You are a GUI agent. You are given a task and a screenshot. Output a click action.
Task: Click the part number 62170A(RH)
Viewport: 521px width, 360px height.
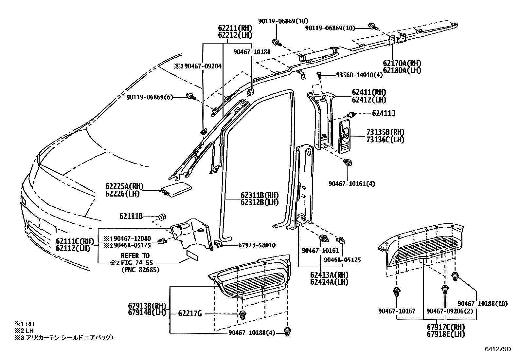coord(402,63)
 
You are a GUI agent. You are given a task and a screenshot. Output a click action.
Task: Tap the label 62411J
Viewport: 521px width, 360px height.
coord(384,113)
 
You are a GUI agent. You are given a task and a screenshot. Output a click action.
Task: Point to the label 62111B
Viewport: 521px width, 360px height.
coord(131,216)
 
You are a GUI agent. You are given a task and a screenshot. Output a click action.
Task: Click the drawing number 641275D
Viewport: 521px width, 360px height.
coord(498,349)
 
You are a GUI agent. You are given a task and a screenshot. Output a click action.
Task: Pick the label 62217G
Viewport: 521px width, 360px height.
coord(190,313)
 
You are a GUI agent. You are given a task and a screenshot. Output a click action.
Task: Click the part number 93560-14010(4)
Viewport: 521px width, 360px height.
coord(359,75)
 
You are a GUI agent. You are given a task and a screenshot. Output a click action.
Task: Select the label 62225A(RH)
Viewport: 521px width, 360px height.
coord(124,186)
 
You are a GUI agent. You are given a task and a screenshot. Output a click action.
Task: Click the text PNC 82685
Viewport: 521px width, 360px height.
coord(140,270)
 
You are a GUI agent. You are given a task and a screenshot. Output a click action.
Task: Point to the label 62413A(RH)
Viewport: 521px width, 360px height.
coord(329,275)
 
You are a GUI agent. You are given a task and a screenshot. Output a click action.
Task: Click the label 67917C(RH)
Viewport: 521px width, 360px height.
coord(446,327)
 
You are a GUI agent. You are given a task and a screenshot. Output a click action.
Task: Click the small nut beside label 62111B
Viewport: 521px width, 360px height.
coord(162,217)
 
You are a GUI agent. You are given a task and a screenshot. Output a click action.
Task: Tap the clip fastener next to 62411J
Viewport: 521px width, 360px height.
coord(352,114)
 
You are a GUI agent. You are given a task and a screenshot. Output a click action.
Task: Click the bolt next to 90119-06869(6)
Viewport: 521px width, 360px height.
coord(190,96)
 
